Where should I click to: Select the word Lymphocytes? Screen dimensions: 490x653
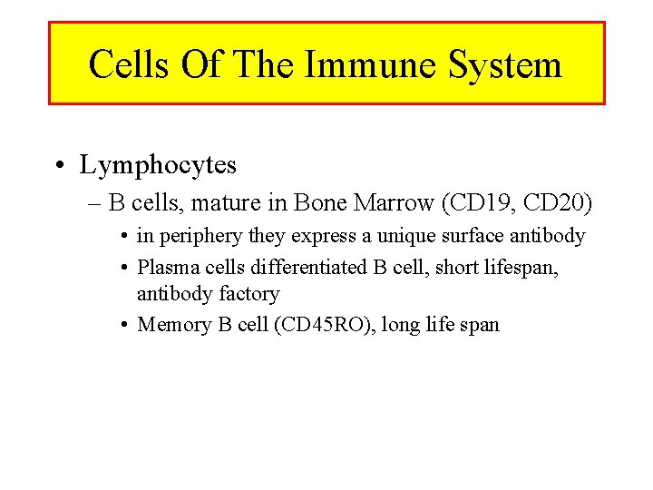[158, 165]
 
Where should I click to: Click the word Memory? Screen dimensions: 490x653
[173, 324]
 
